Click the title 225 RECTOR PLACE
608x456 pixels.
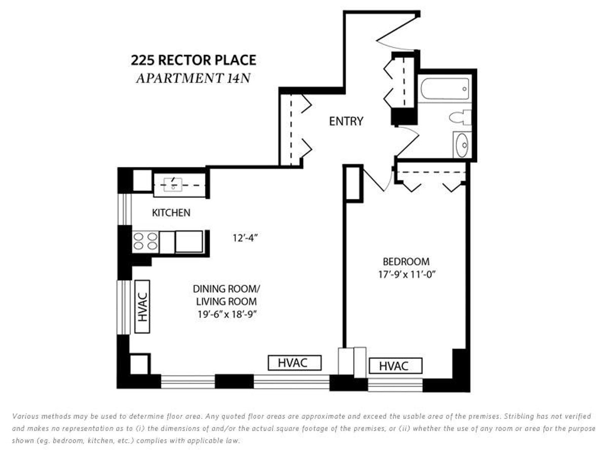coord(194,61)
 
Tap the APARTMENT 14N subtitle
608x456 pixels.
coord(194,79)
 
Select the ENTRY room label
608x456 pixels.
coord(346,122)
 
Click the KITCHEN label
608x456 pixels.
coord(171,213)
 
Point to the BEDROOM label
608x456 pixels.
coord(406,262)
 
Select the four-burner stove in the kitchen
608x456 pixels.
coord(145,241)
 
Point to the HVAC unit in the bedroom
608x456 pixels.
coord(395,366)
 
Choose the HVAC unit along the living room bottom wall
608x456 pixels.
coord(295,363)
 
